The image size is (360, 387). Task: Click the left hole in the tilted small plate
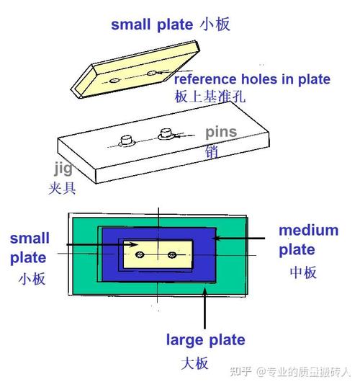[114, 81]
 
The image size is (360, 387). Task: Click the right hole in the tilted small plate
[151, 73]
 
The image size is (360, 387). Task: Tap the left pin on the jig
[127, 141]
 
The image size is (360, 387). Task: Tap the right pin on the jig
[166, 134]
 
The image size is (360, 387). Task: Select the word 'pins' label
[221, 133]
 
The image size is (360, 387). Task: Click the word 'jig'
[63, 169]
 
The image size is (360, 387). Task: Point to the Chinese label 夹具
[62, 188]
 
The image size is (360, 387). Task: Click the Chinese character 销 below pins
[212, 151]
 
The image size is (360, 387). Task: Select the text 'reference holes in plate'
[252, 79]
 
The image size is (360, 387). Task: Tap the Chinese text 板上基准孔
[210, 96]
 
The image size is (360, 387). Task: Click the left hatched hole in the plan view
[140, 254]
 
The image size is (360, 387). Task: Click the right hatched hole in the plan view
[172, 254]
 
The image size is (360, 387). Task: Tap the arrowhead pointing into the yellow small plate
[133, 244]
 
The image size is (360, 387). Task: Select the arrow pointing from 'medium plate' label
[239, 239]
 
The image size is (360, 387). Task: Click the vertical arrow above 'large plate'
[204, 308]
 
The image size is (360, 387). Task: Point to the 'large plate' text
[206, 340]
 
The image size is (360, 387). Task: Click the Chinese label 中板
[303, 272]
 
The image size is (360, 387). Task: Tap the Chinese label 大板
[194, 363]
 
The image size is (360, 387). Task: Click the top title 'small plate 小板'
[171, 25]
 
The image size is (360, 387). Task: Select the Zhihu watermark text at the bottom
[290, 371]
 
